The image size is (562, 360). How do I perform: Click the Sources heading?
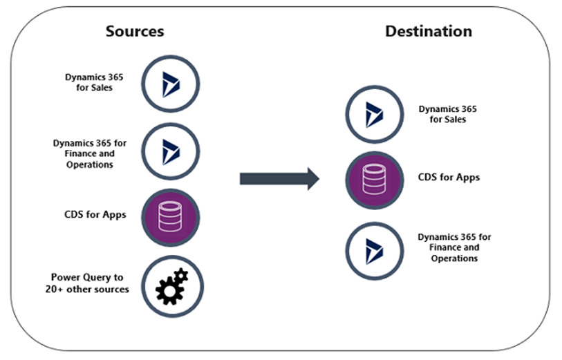coord(135,32)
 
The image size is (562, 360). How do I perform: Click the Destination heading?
coord(429,32)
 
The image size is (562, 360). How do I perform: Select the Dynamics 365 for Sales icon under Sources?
coord(170,84)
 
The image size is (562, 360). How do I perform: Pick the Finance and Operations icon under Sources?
coord(170,150)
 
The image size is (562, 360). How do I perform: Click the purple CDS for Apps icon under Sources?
coord(170,217)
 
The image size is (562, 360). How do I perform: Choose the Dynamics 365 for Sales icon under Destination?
coord(374,114)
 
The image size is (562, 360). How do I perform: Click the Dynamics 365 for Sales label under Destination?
coord(447,114)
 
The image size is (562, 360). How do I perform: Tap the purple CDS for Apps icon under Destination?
coord(374,180)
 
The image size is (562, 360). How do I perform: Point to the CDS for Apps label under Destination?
coord(449,178)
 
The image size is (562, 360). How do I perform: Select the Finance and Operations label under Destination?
coord(454,247)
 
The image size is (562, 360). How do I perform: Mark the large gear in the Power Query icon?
coord(167,290)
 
